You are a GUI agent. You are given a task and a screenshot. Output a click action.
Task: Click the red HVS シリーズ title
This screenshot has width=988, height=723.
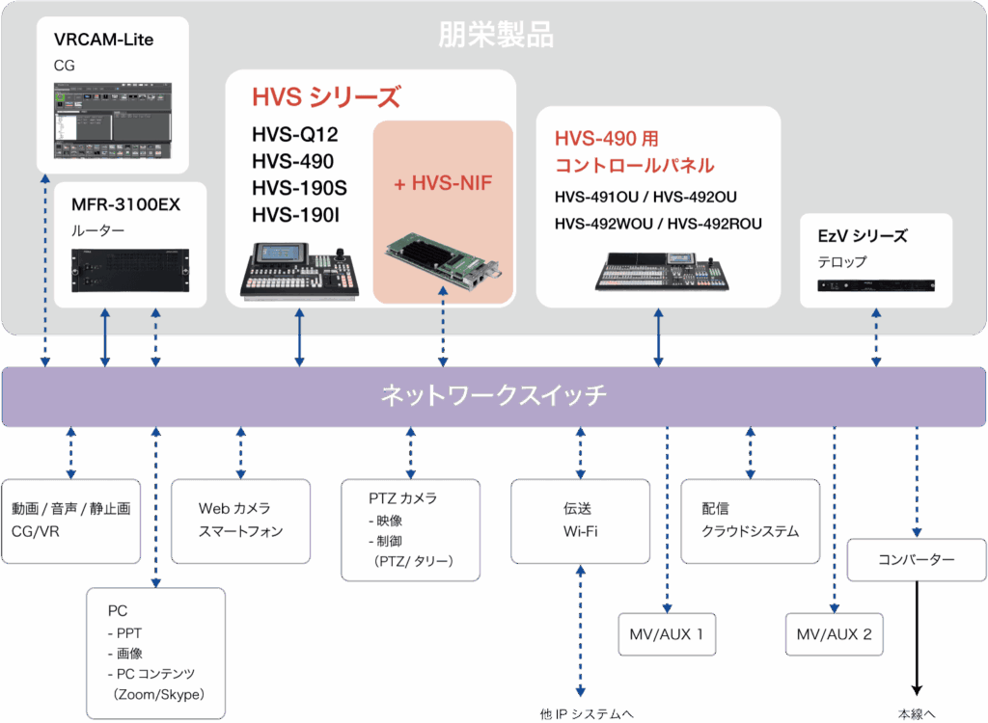(x=325, y=97)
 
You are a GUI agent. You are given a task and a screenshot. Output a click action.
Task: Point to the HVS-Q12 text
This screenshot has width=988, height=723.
(x=295, y=135)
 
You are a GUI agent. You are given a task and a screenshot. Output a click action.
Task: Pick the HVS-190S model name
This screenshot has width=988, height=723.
(x=300, y=188)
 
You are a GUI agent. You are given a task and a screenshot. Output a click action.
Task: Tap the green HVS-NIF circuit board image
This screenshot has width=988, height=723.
(x=443, y=263)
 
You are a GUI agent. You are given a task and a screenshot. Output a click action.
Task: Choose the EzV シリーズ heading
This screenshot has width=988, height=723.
(x=862, y=236)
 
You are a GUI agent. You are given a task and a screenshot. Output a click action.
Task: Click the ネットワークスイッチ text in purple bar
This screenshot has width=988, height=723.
(x=493, y=395)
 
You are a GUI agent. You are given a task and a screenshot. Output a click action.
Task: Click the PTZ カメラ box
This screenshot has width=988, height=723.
(x=411, y=530)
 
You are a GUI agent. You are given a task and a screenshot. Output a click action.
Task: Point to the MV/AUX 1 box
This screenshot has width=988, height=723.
(x=667, y=634)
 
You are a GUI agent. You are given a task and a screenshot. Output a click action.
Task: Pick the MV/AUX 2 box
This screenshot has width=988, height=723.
(x=835, y=634)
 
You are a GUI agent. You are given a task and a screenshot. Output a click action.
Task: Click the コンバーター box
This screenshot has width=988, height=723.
(x=917, y=560)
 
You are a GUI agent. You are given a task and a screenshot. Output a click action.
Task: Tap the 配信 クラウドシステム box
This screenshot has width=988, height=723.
(x=751, y=521)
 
